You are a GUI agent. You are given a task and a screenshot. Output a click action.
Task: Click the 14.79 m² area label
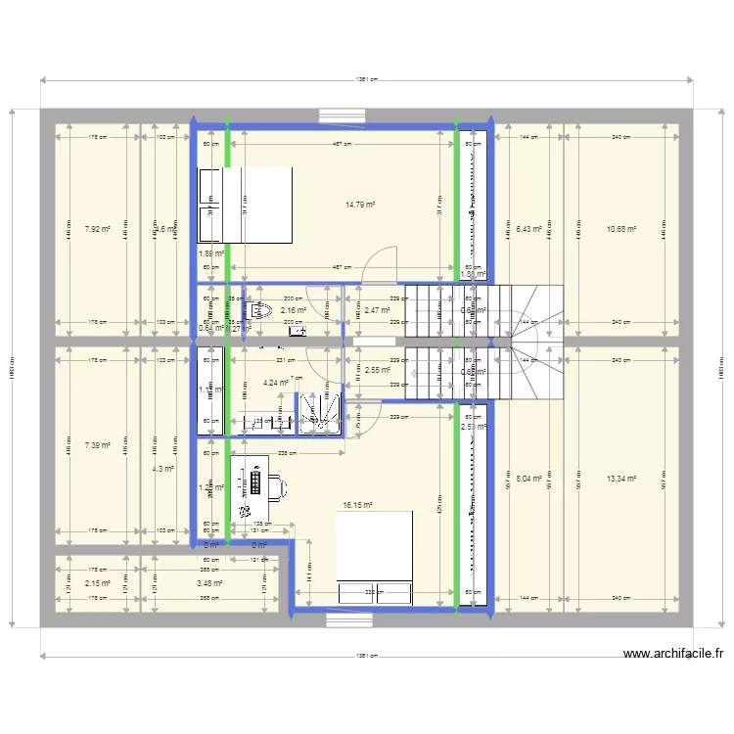point(361,206)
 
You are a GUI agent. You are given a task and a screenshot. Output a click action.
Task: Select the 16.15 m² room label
point(357,506)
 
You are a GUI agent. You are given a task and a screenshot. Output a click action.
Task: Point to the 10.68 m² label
point(620,229)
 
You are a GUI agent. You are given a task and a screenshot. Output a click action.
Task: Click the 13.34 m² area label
point(620,479)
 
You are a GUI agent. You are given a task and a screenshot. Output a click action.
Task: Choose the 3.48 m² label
point(208,583)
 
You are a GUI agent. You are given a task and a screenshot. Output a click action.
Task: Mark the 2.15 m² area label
point(98,583)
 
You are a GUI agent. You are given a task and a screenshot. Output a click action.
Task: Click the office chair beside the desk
point(278,483)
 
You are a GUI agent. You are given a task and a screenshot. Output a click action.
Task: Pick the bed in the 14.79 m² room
point(246,206)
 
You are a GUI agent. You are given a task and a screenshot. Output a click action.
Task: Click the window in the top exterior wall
point(341,115)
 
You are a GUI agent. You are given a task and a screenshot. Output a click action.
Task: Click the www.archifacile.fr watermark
point(672,655)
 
